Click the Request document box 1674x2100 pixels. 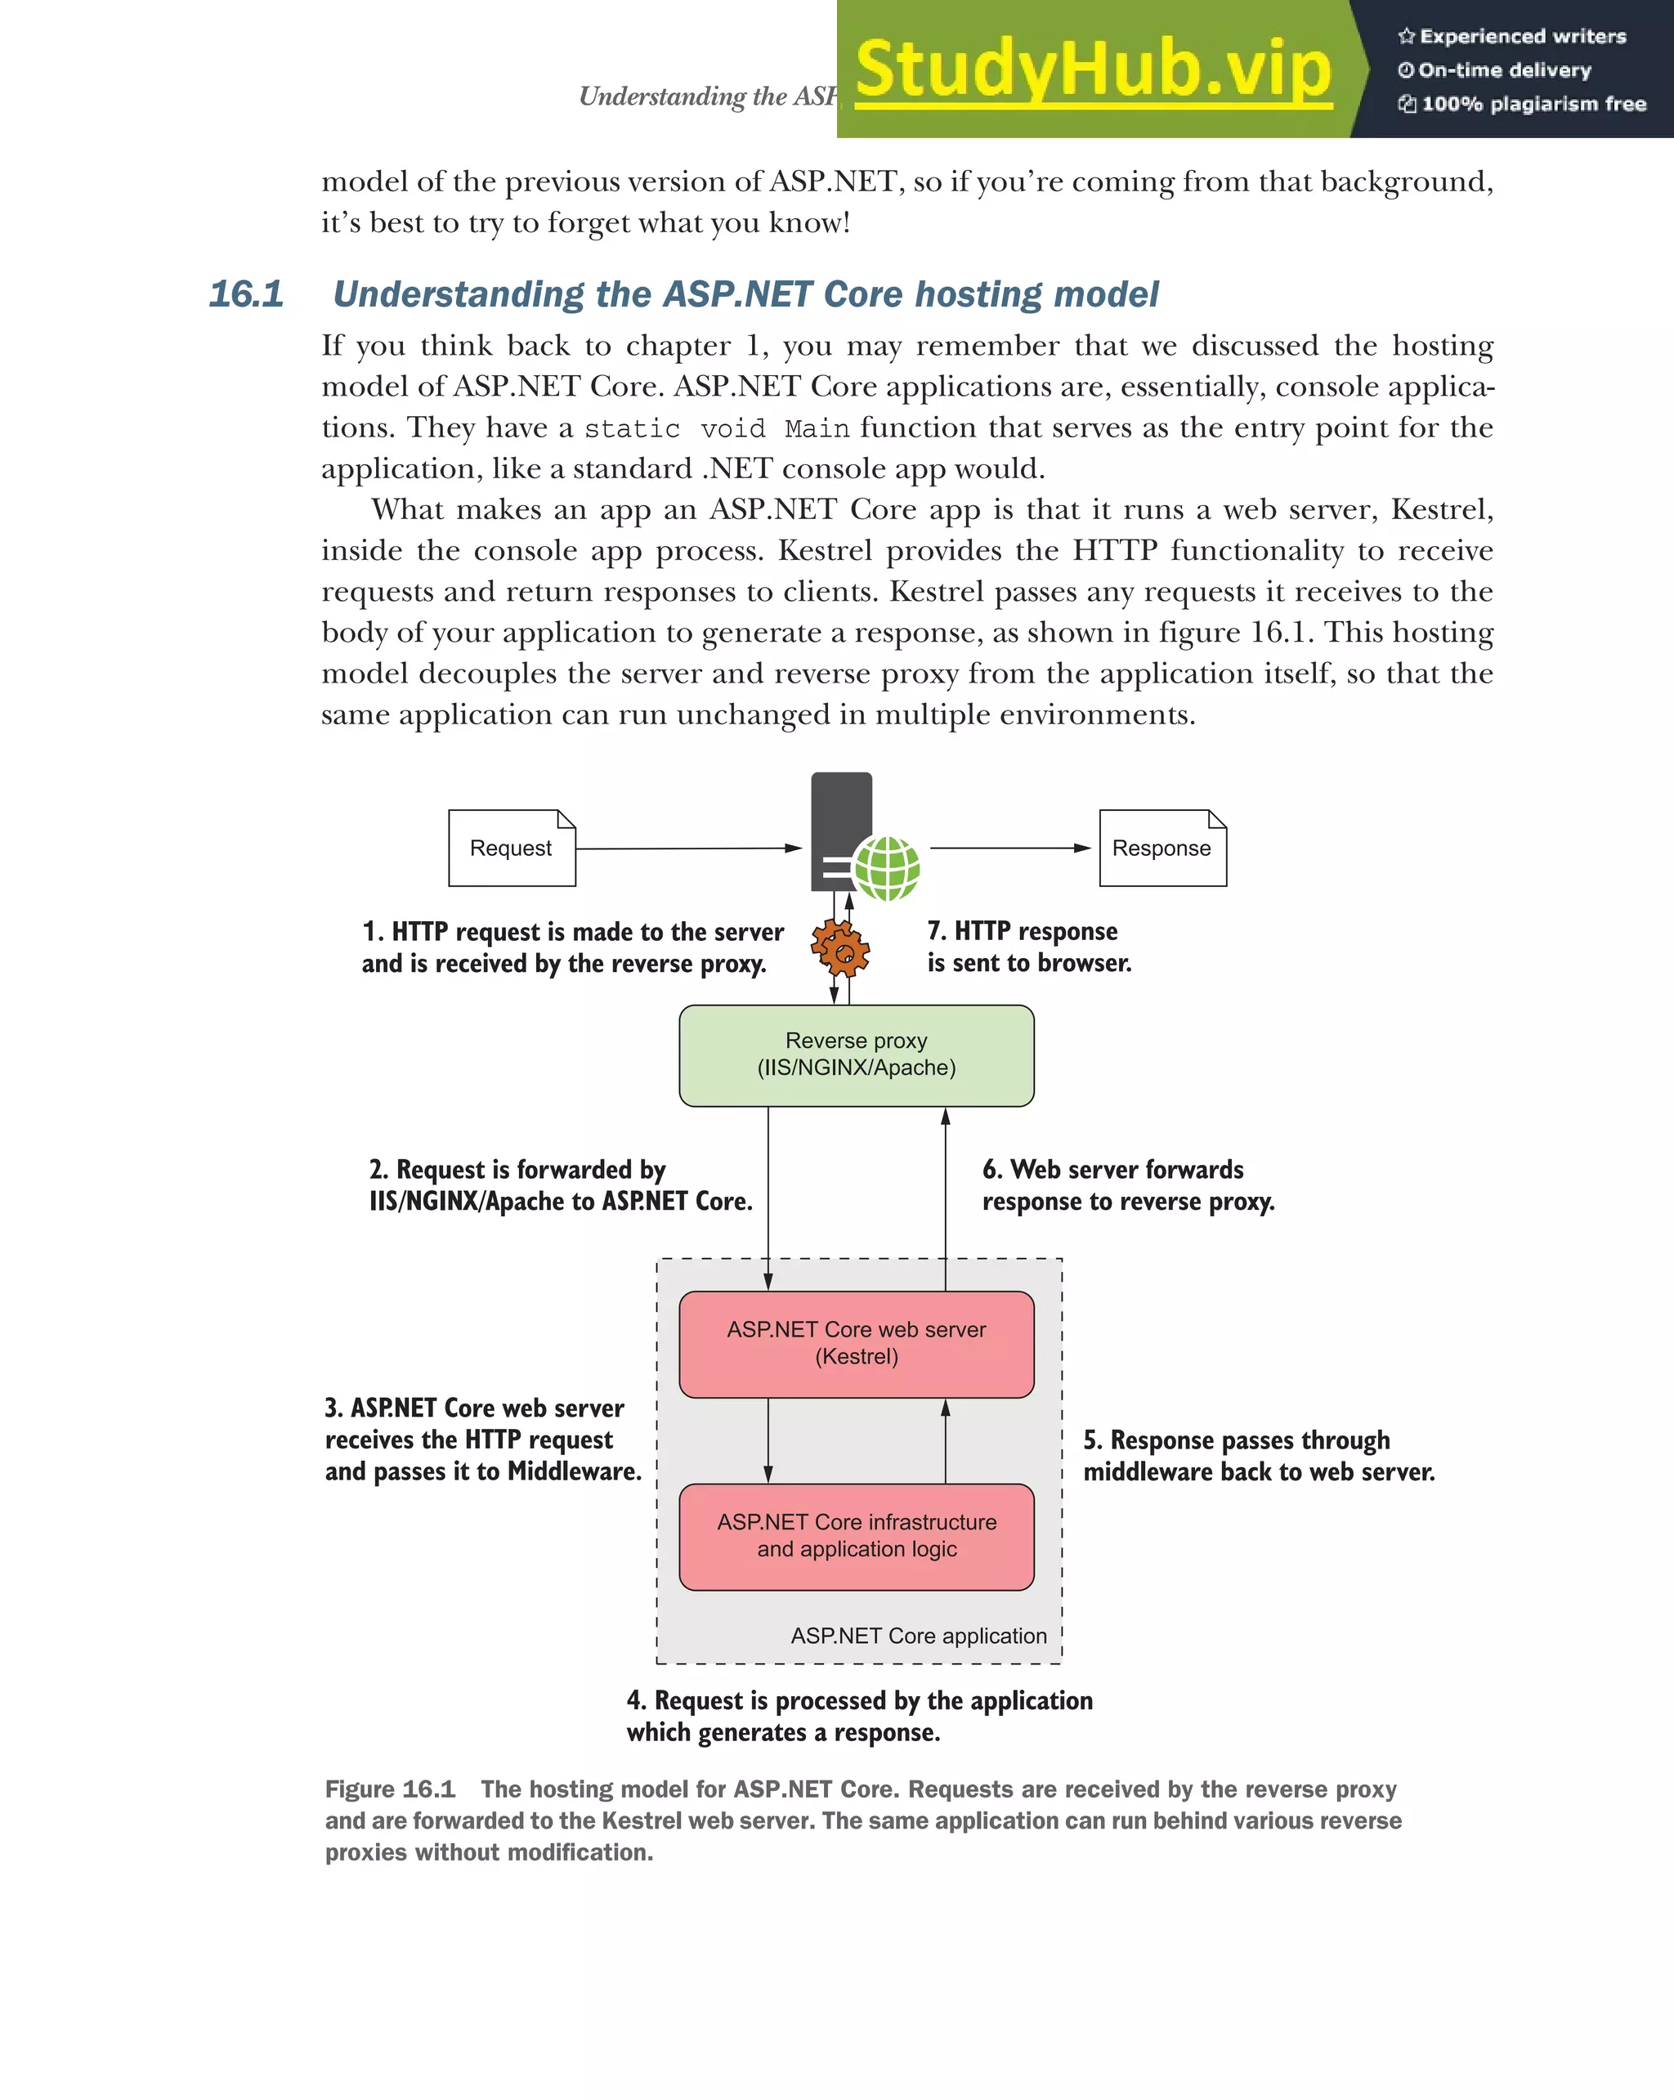511,848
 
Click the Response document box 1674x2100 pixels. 1162,848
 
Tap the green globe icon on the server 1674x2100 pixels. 886,868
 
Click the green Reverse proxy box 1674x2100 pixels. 856,1054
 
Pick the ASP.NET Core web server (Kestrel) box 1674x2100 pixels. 856,1343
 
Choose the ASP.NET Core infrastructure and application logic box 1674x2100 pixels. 856,1536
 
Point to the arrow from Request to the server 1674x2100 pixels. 687,849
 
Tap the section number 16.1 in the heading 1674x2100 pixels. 246,294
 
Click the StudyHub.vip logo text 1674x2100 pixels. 1093,70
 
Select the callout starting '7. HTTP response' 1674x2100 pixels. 1028,947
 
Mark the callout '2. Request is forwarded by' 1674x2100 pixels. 560,1184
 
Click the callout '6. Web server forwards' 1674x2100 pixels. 1128,1184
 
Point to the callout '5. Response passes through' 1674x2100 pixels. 1258,1455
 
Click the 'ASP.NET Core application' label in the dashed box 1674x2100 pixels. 918,1636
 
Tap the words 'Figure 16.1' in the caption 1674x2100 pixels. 390,1789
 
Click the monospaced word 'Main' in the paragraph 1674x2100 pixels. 816,428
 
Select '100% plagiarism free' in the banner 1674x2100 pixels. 1533,104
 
